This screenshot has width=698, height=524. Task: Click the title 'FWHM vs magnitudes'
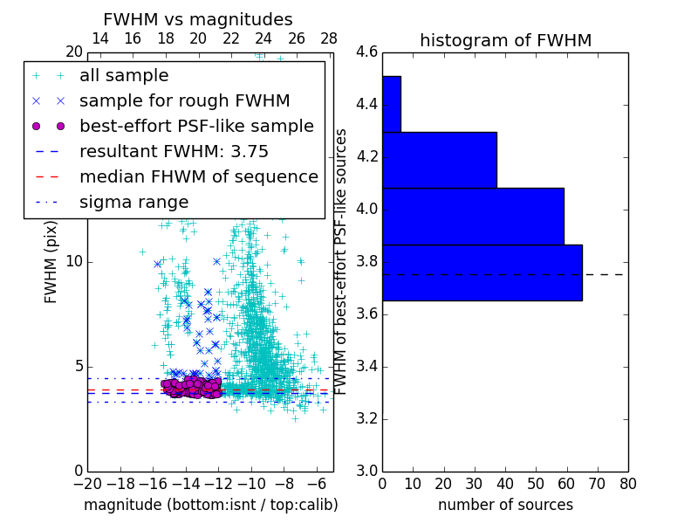[198, 19]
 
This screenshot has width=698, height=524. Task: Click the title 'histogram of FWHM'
[505, 40]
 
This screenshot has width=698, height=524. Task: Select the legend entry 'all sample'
[124, 76]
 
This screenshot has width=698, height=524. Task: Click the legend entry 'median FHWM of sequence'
[198, 177]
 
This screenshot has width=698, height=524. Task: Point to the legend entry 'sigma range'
[133, 203]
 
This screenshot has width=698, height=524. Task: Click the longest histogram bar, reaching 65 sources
[482, 272]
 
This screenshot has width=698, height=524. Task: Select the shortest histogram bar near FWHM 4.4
[392, 104]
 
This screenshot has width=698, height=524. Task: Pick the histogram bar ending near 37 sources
[440, 160]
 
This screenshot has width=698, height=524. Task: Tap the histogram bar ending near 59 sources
[473, 216]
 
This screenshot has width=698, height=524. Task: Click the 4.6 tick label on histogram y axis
[366, 52]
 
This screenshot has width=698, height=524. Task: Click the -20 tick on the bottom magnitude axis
[87, 484]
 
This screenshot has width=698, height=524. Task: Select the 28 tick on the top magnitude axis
[329, 38]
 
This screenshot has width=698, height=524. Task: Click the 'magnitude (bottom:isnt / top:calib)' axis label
[210, 505]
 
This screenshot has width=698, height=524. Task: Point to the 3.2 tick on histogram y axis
[366, 418]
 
